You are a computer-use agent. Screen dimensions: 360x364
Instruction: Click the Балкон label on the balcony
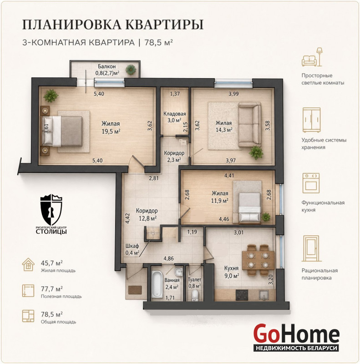[x=106, y=66]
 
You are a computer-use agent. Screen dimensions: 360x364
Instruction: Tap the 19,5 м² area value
[x=111, y=131]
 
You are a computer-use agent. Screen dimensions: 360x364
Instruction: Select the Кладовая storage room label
[x=175, y=114]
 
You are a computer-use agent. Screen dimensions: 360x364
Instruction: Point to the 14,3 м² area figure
[x=224, y=130]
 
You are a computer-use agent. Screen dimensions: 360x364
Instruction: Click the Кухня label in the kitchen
[x=231, y=268]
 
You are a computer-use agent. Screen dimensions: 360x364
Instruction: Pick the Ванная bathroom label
[x=172, y=280]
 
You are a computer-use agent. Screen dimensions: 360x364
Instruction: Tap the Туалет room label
[x=194, y=280]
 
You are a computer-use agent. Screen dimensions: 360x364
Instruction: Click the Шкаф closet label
[x=132, y=246]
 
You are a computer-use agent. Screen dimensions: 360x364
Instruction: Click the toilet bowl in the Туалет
[x=195, y=294]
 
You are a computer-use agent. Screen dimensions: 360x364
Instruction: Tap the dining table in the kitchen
[x=258, y=260]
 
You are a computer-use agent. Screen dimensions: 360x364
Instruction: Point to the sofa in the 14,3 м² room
[x=250, y=126]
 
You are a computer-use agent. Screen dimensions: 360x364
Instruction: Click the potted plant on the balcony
[x=131, y=70]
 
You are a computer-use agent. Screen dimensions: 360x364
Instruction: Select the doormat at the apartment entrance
[x=135, y=290]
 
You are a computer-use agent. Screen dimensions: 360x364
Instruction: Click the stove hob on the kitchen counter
[x=242, y=295]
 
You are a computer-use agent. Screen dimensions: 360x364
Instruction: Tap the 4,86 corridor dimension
[x=168, y=258]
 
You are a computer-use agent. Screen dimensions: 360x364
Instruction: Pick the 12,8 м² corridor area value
[x=147, y=218]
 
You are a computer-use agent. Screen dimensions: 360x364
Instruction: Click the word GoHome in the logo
[x=296, y=334]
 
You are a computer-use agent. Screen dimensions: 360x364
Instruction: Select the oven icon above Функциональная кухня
[x=311, y=183]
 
